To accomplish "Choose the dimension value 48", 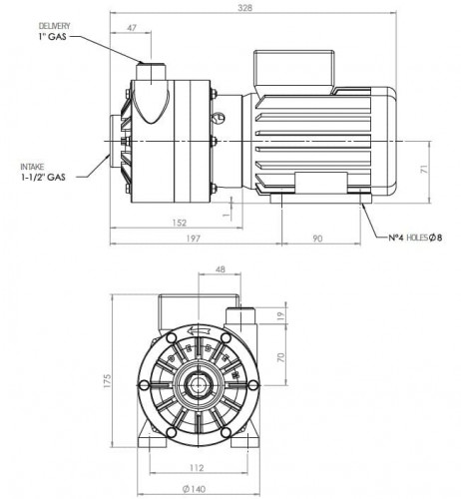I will [x=220, y=268].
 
